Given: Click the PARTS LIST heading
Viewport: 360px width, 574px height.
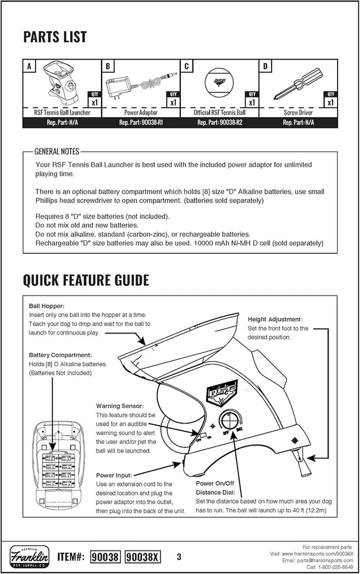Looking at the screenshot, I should [55, 37].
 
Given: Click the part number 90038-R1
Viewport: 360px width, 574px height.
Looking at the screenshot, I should [141, 122].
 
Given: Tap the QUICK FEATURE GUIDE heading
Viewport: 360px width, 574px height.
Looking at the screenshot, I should [86, 280].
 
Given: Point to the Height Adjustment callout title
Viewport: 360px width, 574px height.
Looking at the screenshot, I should [275, 319].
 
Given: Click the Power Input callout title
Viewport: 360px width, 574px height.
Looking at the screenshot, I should [115, 475].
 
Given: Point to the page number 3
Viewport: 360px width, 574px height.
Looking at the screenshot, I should [179, 556].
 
